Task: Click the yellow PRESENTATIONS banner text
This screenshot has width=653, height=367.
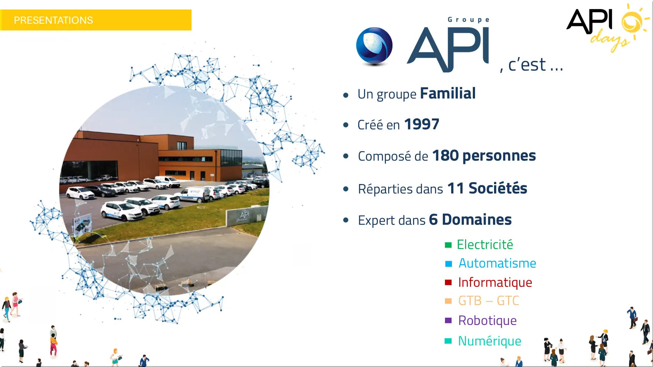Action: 53,20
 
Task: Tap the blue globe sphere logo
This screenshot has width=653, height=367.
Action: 374,46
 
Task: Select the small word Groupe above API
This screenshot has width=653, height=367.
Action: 468,20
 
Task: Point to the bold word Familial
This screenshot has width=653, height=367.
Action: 448,93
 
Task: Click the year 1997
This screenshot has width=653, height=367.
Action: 422,124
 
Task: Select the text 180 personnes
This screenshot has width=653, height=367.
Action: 484,156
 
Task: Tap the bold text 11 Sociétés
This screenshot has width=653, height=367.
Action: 487,188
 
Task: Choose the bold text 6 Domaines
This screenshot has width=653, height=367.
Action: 470,220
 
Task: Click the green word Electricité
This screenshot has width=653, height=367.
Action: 485,244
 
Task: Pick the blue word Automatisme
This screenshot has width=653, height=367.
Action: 497,263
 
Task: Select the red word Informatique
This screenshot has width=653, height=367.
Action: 495,282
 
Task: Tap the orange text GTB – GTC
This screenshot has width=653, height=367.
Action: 489,301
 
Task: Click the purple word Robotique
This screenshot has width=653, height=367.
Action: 487,321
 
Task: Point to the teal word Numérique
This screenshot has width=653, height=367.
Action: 490,341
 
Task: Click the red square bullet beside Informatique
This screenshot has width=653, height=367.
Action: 448,282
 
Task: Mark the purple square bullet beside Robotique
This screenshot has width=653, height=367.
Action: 448,321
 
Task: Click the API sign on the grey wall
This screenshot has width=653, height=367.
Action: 244,215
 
